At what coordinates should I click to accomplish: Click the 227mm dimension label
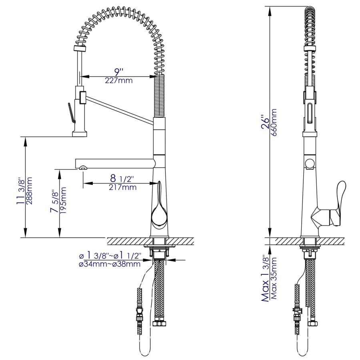(119, 80)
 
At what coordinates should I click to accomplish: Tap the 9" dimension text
(119, 72)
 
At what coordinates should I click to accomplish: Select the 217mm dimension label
(122, 187)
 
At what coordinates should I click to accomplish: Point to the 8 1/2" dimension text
(119, 178)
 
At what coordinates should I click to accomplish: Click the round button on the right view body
(309, 163)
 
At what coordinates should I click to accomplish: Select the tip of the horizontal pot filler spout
(82, 168)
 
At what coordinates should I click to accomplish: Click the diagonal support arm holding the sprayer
(120, 108)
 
